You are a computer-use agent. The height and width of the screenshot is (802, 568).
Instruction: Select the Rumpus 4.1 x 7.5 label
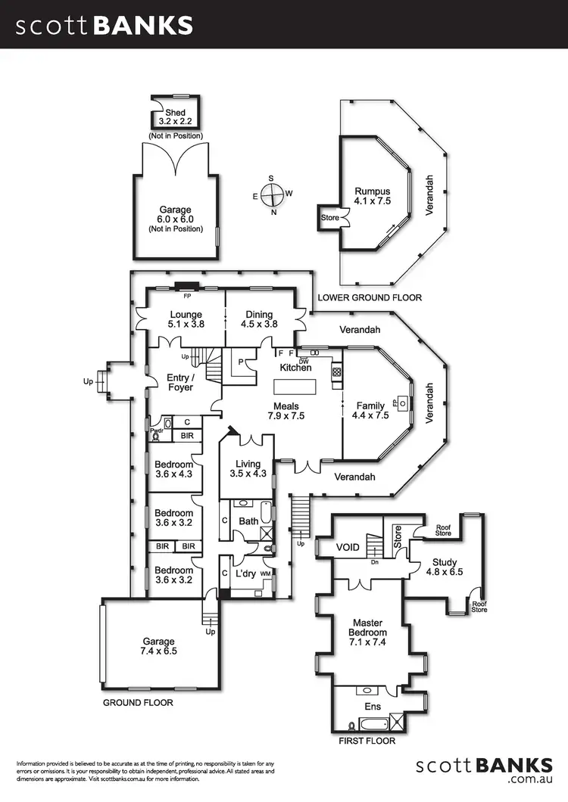coord(373,197)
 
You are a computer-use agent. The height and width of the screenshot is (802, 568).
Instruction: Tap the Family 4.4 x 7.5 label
coord(371,410)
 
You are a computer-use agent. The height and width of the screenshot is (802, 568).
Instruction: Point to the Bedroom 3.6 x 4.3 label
coord(173,469)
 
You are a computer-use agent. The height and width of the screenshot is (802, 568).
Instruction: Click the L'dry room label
coord(245,574)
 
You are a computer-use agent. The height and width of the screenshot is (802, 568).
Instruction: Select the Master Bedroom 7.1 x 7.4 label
coord(367,627)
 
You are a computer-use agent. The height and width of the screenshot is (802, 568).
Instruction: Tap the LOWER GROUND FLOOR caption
coord(370,297)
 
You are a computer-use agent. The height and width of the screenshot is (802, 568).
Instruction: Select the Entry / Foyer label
coord(180,382)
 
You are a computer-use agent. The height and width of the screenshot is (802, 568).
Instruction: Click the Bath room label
coord(249,521)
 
